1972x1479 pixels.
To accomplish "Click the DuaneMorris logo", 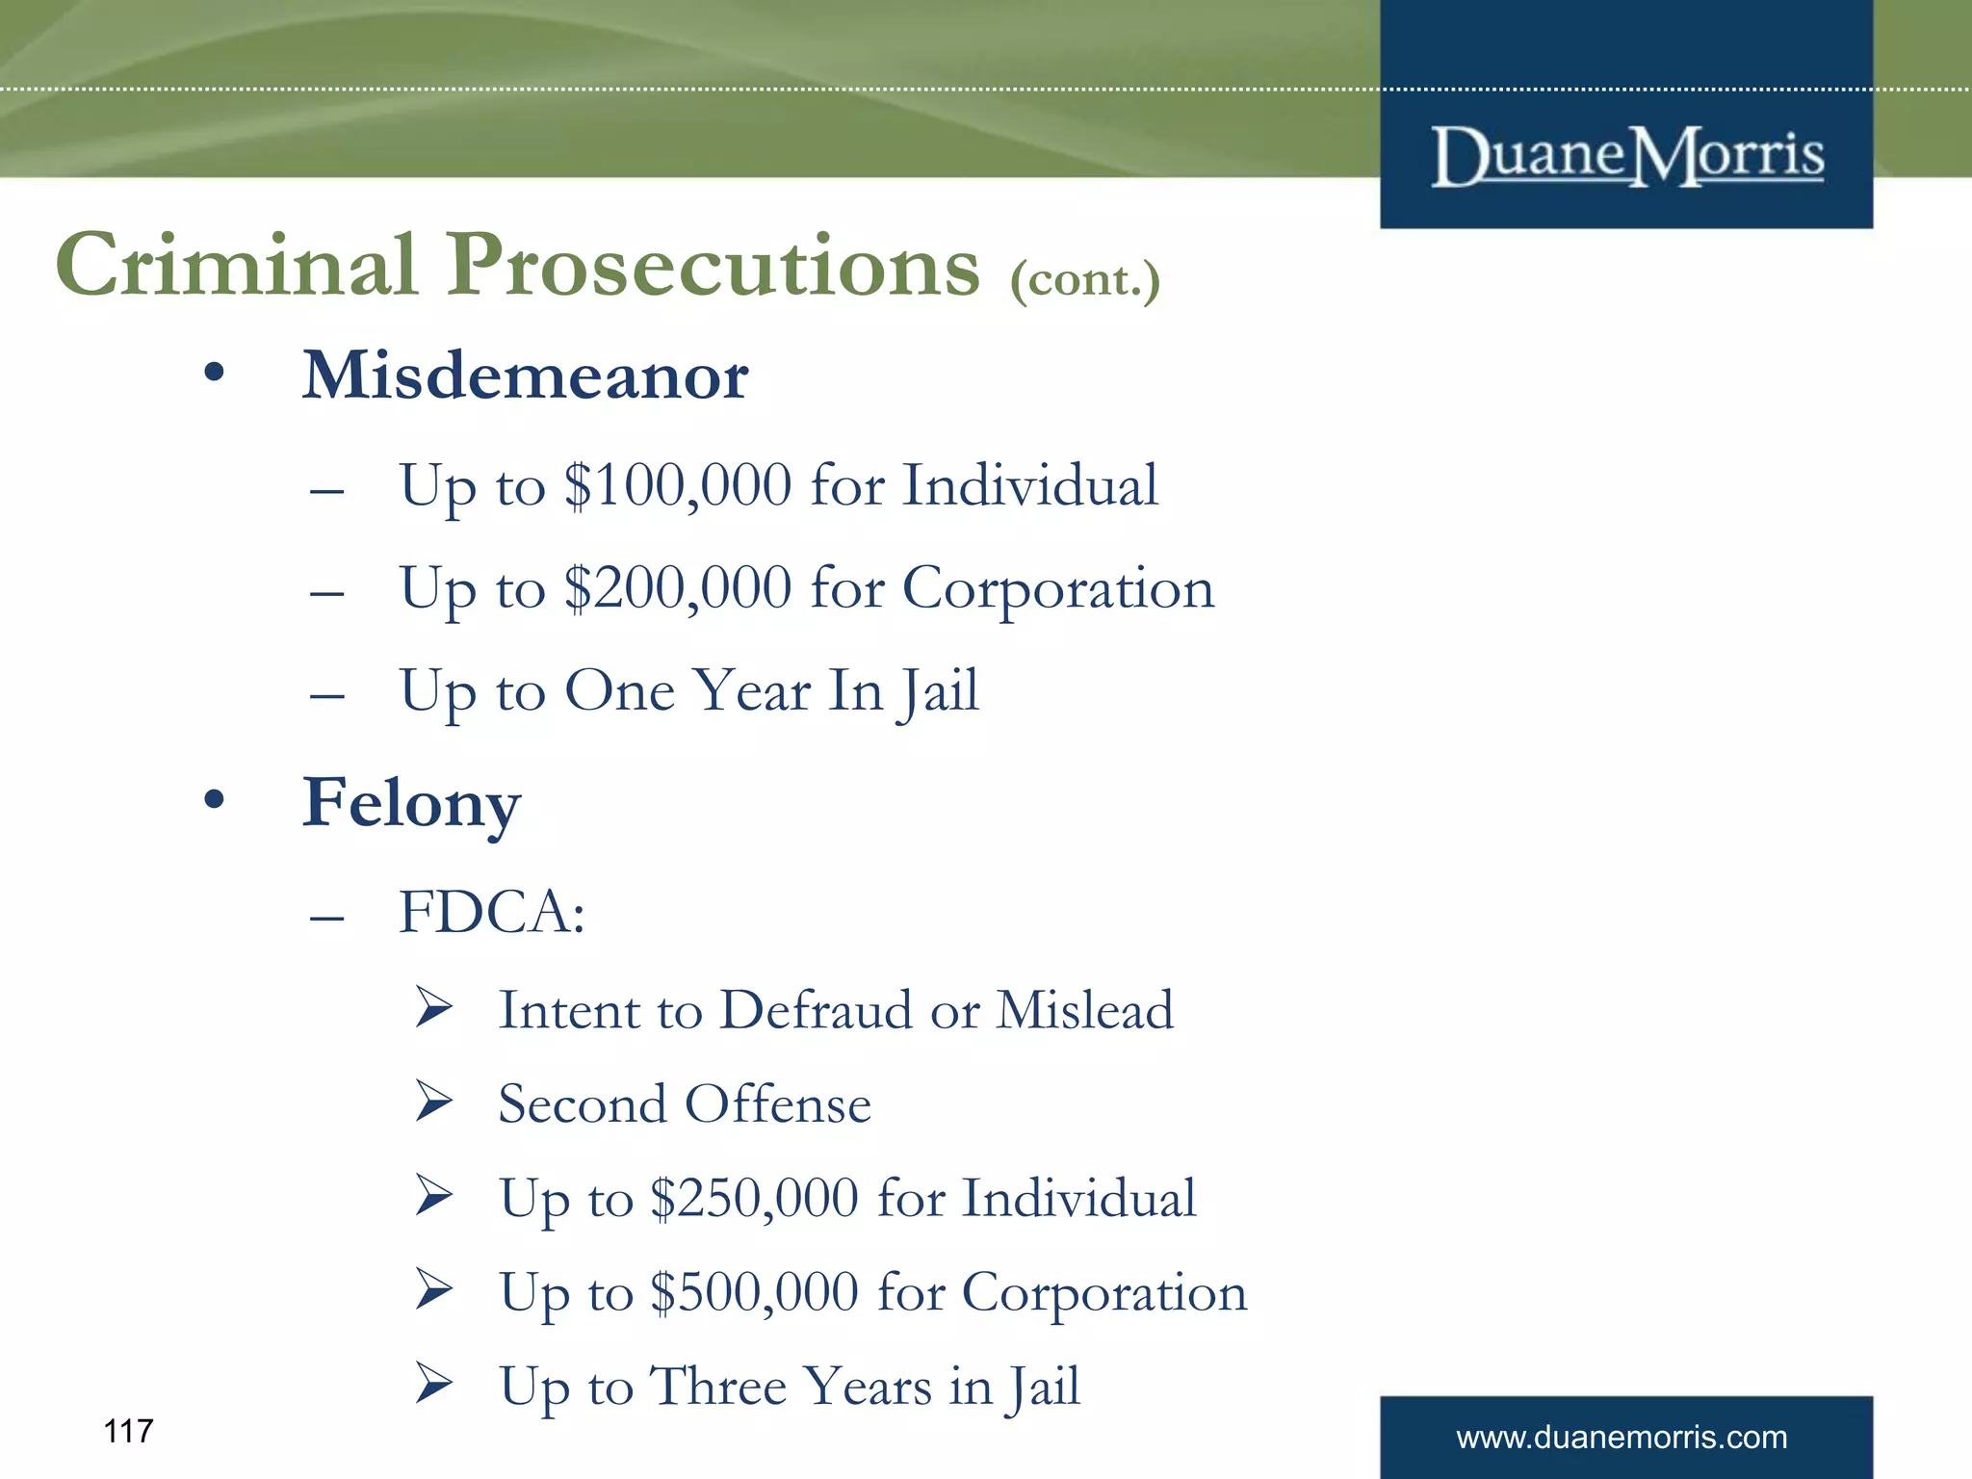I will [1627, 156].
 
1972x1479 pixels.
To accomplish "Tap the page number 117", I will [128, 1432].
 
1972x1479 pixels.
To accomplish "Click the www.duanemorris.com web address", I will [1622, 1438].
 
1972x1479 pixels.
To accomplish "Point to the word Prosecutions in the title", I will [713, 267].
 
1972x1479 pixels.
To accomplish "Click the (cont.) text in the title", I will [1085, 279].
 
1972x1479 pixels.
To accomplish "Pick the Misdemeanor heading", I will [525, 376].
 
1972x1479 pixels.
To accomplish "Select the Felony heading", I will [411, 804].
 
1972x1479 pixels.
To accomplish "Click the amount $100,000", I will [678, 485].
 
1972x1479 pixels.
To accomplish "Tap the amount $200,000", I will [678, 588].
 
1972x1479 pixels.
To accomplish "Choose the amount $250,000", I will [754, 1199].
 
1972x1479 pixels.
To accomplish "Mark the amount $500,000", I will [754, 1292].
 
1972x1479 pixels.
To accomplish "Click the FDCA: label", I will [492, 912].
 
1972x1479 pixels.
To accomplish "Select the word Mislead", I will [1084, 1011].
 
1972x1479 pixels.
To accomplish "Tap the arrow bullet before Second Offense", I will [434, 1103].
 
